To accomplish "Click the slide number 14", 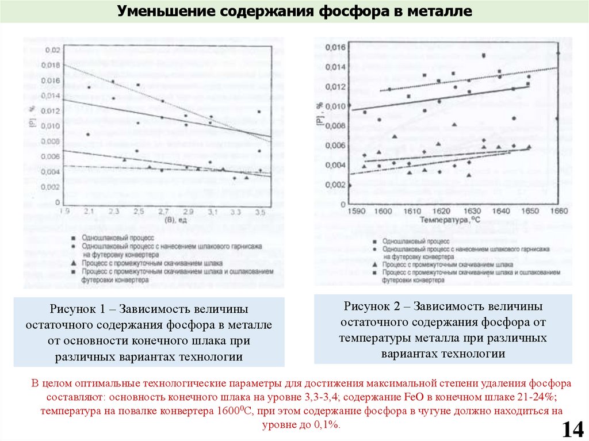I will [x=573, y=429].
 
